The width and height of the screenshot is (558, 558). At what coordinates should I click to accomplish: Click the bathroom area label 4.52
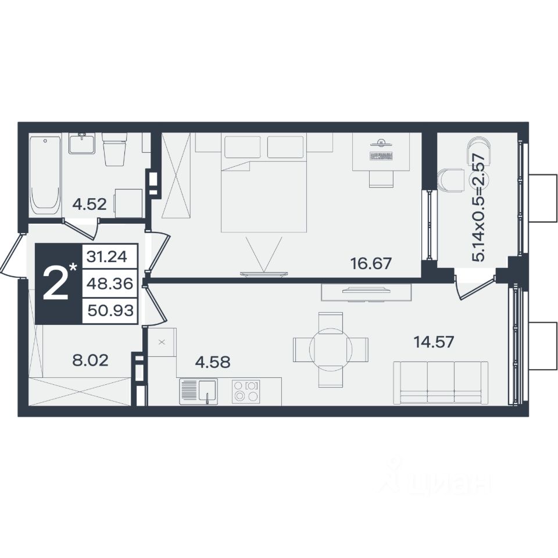(90, 205)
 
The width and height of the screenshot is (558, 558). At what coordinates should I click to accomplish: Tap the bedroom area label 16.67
(371, 263)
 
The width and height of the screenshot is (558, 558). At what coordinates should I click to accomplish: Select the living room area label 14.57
(434, 342)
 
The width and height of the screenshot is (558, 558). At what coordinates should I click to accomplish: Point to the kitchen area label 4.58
(213, 362)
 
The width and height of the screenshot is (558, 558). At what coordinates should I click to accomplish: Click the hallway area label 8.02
(90, 361)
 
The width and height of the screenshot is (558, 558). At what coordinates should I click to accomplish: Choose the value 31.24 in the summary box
(107, 256)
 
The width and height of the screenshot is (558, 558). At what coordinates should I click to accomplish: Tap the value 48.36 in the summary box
(110, 284)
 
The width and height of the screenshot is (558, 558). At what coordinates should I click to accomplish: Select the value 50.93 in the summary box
(110, 310)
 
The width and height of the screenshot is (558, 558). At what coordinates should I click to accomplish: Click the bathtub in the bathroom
(45, 175)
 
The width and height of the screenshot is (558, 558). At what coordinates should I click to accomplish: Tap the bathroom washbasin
(82, 143)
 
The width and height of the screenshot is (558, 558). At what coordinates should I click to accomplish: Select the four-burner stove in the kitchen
(246, 392)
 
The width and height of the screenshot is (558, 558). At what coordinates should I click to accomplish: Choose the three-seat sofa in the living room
(441, 383)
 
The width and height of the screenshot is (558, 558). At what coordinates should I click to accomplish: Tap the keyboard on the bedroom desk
(381, 156)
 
